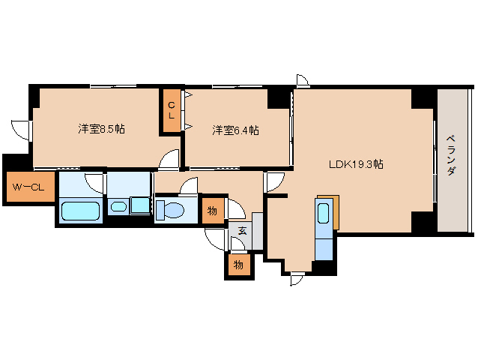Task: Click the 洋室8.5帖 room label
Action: click(102, 129)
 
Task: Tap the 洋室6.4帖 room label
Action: click(236, 130)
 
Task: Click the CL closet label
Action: click(172, 111)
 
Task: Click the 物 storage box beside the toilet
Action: click(212, 211)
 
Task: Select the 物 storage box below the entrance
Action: click(238, 265)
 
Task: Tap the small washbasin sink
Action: click(118, 207)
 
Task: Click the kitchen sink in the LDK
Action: click(324, 212)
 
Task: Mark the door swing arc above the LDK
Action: click(303, 80)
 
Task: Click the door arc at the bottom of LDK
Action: click(297, 280)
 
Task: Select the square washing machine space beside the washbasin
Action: click(140, 205)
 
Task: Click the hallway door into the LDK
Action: click(273, 181)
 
